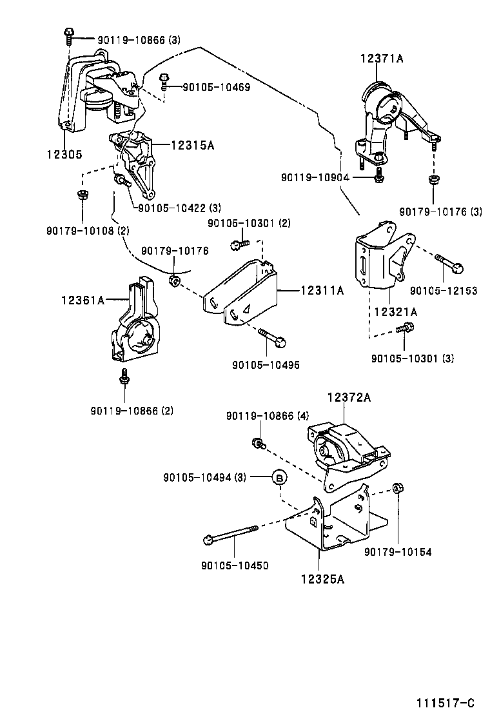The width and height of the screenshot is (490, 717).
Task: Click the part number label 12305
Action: (x=63, y=155)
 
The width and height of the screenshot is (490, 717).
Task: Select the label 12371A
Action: (x=382, y=59)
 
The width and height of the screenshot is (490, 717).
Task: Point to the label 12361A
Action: (x=83, y=300)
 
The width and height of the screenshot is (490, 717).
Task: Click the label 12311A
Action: (x=322, y=291)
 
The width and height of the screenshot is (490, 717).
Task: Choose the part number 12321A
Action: (x=395, y=311)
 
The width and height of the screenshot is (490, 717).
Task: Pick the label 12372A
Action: (x=349, y=398)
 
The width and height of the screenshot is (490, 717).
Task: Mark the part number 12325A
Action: (x=322, y=578)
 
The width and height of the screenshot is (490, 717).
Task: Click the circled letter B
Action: (x=279, y=477)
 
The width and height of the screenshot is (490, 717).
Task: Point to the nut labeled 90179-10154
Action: (x=398, y=488)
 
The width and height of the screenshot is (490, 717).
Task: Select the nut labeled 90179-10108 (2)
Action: (x=83, y=194)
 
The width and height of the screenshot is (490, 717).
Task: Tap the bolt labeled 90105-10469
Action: (x=164, y=81)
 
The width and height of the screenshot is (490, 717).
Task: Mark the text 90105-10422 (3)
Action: (x=179, y=208)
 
